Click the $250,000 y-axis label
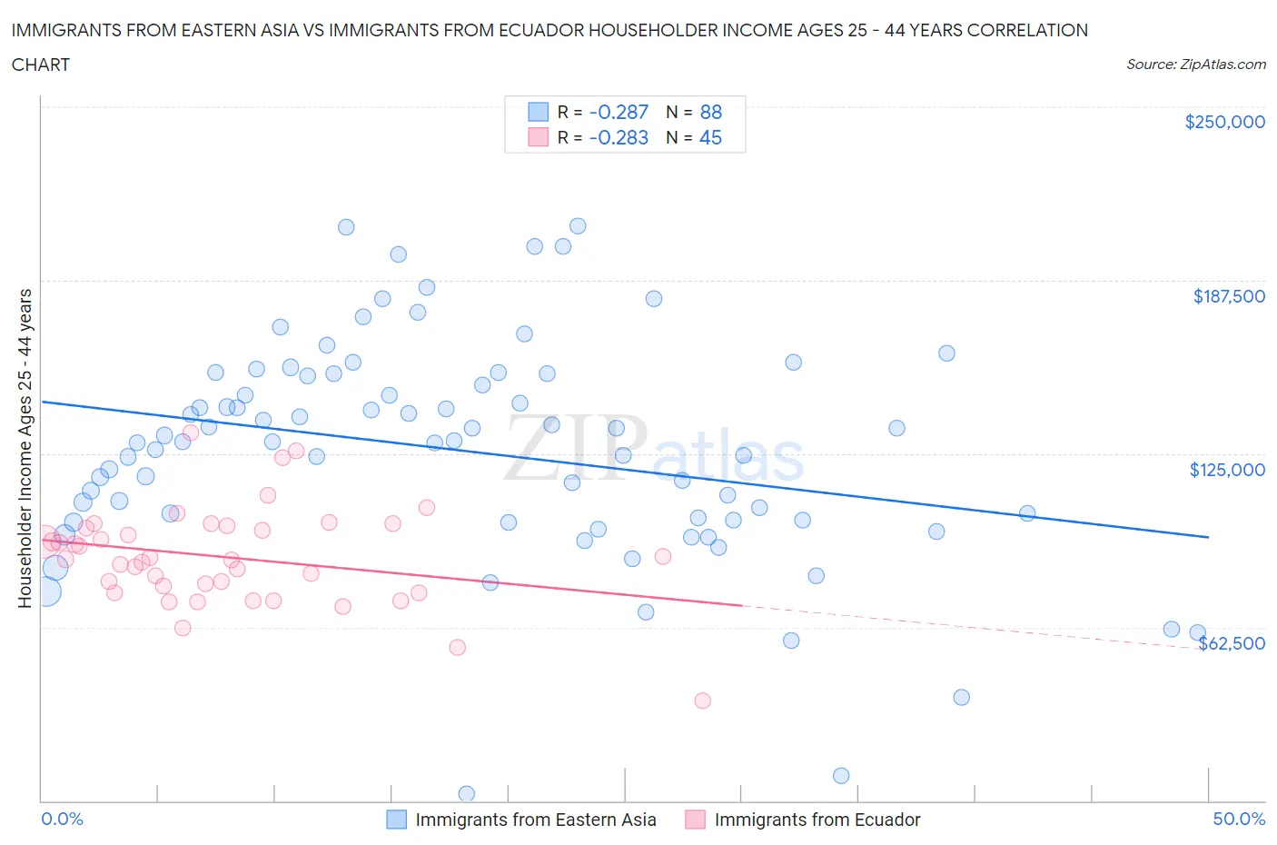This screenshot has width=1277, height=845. (x=1224, y=122)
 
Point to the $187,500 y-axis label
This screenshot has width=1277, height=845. (x=1228, y=296)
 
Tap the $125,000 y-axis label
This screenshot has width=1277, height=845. (x=1227, y=470)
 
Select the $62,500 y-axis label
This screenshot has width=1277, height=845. (x=1232, y=643)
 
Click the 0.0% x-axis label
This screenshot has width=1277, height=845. (x=62, y=819)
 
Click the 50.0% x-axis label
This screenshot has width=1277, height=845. (x=1239, y=819)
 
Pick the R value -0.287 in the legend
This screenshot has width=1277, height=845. (x=619, y=112)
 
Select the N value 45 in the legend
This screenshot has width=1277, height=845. (x=710, y=137)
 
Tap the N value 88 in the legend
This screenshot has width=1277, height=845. (x=710, y=112)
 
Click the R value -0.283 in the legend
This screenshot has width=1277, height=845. (x=619, y=137)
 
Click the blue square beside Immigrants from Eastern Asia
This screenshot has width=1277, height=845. (x=397, y=820)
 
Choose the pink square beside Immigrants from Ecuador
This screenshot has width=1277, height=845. (x=696, y=820)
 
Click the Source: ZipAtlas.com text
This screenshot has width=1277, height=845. (x=1195, y=64)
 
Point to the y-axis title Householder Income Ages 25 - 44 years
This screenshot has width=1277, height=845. (x=25, y=448)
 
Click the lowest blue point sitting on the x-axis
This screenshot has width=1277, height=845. (x=466, y=794)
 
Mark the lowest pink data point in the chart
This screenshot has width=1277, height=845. (x=702, y=701)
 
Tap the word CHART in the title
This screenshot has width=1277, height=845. (x=41, y=65)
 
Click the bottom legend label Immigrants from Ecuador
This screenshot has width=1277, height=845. (x=817, y=820)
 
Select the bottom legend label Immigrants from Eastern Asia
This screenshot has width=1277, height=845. (x=535, y=820)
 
